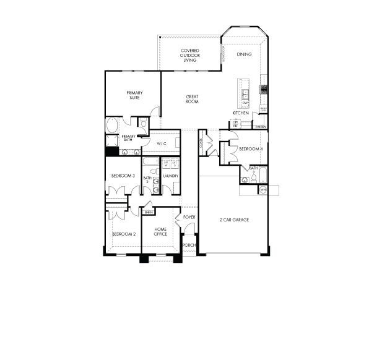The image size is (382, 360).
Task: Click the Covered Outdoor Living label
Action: [189, 56]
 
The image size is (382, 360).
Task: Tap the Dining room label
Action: [244, 54]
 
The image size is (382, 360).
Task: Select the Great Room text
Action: [192, 99]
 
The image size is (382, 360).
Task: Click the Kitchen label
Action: [241, 113]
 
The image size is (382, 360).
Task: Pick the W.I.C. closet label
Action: [162, 144]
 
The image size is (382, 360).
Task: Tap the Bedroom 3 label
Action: [123, 176]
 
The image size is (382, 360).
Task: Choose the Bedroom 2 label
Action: [123, 234]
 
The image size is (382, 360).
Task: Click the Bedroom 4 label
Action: [251, 149]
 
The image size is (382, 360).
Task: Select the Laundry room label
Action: [170, 176]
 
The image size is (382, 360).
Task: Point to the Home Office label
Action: [160, 231]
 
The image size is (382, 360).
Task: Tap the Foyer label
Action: [189, 217]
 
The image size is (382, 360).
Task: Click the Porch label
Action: [189, 245]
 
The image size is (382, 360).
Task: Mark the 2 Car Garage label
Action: [234, 220]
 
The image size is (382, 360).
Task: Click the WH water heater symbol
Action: [263, 189]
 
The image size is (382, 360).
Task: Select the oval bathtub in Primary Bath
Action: [111, 125]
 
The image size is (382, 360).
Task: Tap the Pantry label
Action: [261, 127]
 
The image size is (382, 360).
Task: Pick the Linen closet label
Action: [148, 212]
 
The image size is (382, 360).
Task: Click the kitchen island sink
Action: [245, 94]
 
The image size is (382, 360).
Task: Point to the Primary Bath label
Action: [128, 138]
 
